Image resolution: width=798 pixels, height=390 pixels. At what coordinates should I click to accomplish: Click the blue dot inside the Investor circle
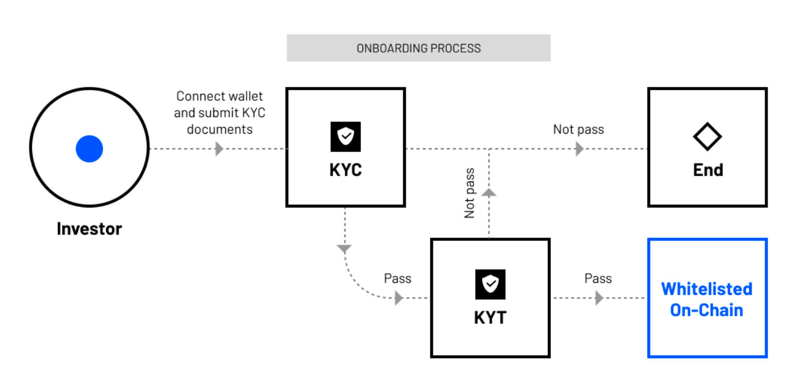pyautogui.click(x=89, y=149)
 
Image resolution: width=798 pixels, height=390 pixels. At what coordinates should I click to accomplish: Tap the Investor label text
pyautogui.click(x=89, y=229)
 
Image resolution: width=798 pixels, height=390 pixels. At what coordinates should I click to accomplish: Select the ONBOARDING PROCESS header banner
pyautogui.click(x=418, y=48)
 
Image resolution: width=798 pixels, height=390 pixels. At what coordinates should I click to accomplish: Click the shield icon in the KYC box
pyautogui.click(x=345, y=137)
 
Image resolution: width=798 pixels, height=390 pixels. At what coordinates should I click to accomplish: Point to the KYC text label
pyautogui.click(x=345, y=170)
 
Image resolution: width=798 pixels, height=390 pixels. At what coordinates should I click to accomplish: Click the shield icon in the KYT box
pyautogui.click(x=490, y=284)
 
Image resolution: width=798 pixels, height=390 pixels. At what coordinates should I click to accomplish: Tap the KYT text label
pyautogui.click(x=490, y=318)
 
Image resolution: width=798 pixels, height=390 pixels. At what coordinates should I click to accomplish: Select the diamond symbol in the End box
pyautogui.click(x=707, y=137)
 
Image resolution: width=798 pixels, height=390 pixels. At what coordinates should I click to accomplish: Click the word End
pyautogui.click(x=707, y=170)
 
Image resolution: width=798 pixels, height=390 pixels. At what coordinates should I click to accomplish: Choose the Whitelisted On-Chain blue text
pyautogui.click(x=706, y=300)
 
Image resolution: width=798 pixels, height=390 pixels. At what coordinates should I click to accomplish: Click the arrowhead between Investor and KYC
pyautogui.click(x=219, y=149)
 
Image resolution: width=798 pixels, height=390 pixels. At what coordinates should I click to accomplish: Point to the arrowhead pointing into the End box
pyautogui.click(x=579, y=149)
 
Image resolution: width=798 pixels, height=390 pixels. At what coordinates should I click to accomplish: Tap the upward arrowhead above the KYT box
pyautogui.click(x=489, y=192)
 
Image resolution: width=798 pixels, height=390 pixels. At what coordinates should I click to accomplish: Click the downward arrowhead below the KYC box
pyautogui.click(x=344, y=249)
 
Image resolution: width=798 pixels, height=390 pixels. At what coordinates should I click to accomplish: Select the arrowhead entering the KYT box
pyautogui.click(x=399, y=298)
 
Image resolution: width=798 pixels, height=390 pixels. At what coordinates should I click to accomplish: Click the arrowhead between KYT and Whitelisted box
pyautogui.click(x=599, y=298)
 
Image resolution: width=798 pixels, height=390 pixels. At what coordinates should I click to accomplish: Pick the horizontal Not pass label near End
pyautogui.click(x=578, y=129)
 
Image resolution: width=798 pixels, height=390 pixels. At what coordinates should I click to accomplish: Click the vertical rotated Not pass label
pyautogui.click(x=469, y=193)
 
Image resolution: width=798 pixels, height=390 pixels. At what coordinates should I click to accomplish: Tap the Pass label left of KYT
pyautogui.click(x=397, y=279)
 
